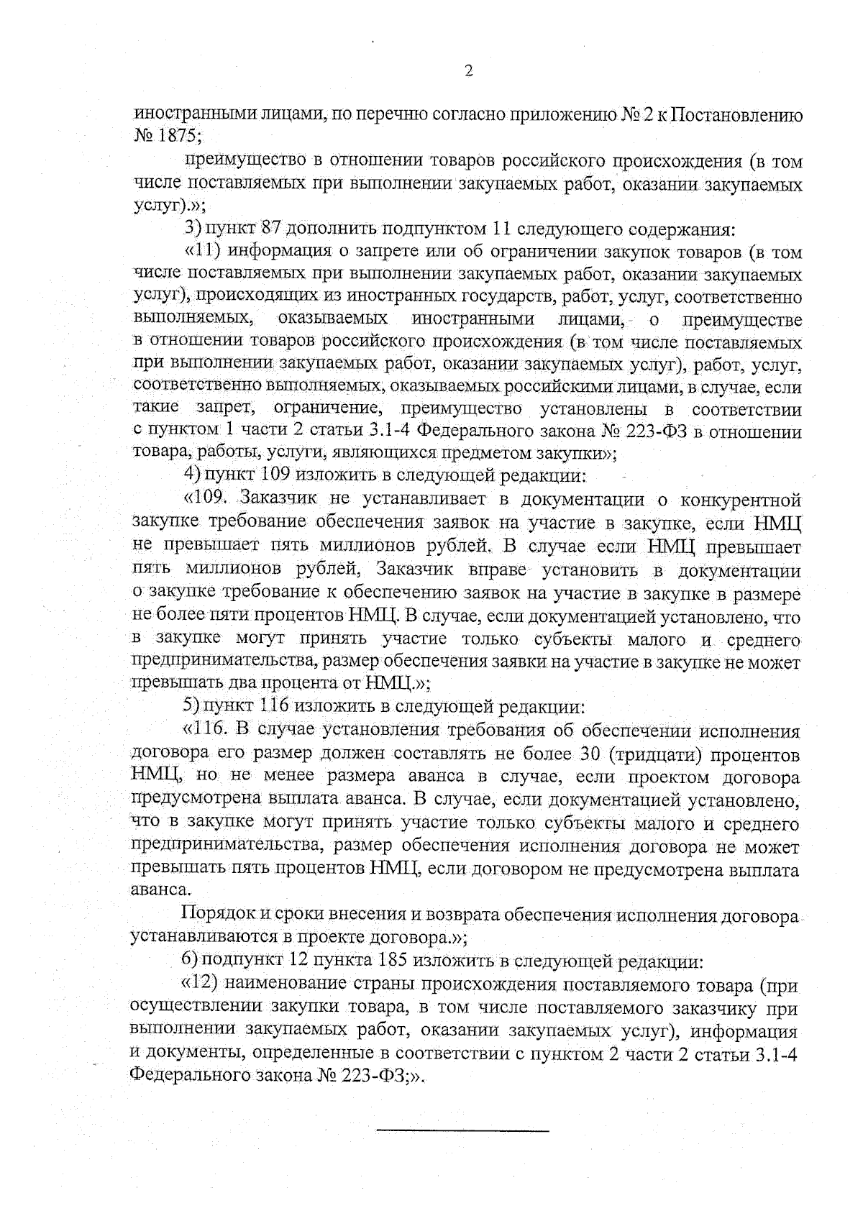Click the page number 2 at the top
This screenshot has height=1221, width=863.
(x=468, y=70)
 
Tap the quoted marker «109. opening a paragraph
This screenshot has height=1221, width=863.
(x=209, y=498)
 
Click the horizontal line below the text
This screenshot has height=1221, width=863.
(x=462, y=1131)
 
